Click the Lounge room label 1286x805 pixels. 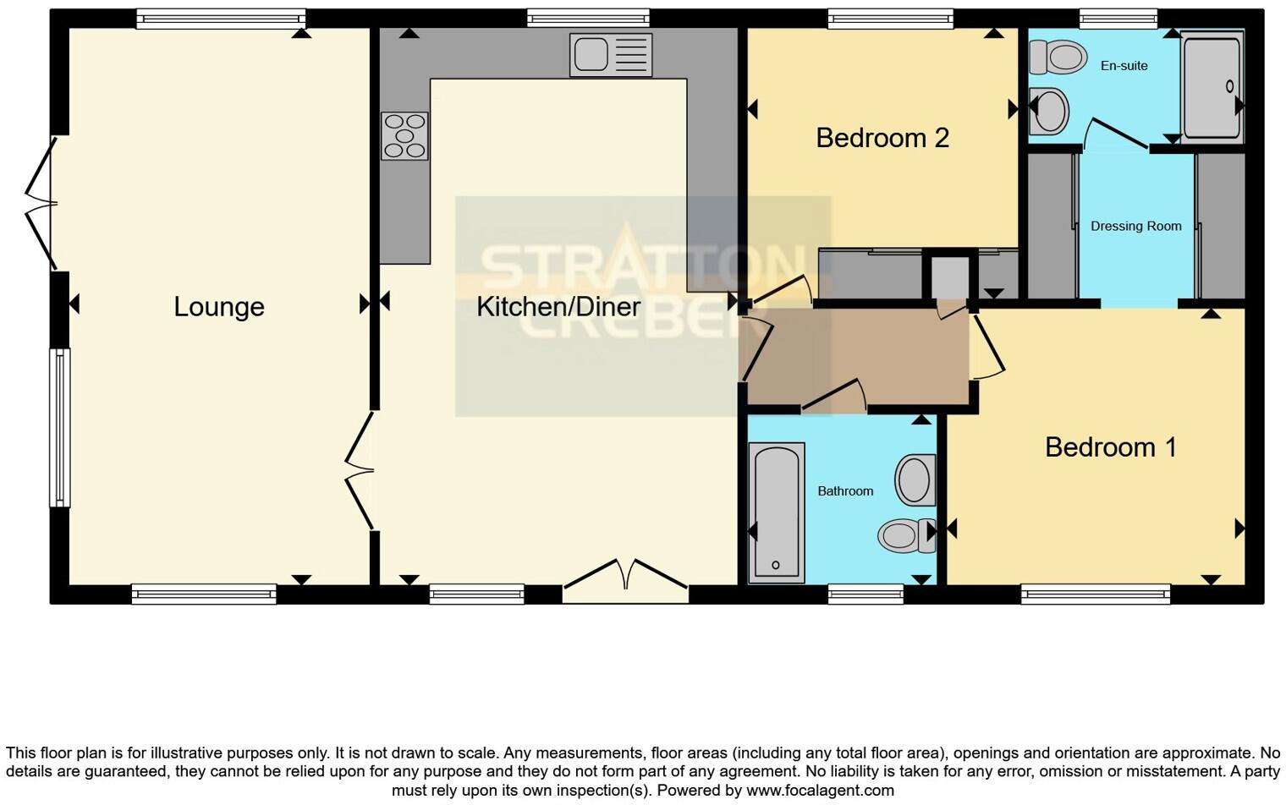point(219,307)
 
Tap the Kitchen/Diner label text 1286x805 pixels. point(558,307)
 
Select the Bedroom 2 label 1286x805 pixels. point(882,138)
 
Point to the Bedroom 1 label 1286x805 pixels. point(1110,446)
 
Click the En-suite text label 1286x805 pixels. point(1124,66)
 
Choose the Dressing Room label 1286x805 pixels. point(1135,227)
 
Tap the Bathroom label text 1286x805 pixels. point(844,491)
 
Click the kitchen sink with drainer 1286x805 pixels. point(611,55)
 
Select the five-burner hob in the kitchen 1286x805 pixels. point(404,136)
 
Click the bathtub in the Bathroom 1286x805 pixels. point(776,512)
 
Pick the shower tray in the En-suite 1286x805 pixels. point(1212,86)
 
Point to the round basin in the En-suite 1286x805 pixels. point(1050,111)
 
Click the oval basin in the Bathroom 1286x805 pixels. point(915,479)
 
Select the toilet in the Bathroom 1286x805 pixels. point(904,535)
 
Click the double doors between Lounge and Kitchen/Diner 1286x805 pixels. point(360,470)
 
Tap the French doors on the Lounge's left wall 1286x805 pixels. point(39,203)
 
